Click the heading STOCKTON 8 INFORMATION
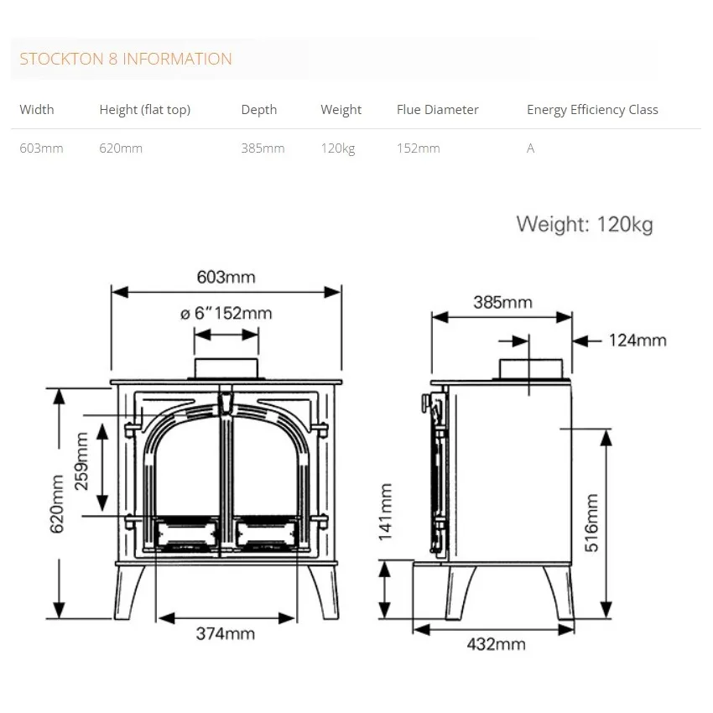[126, 60]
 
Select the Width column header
[37, 110]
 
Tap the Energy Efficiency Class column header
[592, 110]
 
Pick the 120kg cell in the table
[338, 148]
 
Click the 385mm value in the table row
[263, 148]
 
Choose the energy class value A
[530, 148]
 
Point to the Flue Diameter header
[438, 110]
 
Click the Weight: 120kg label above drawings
[585, 225]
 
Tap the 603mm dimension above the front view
[226, 277]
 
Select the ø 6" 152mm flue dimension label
[226, 314]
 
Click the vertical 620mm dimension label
[57, 504]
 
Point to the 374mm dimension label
[226, 634]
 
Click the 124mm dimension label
[638, 341]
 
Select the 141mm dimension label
[385, 511]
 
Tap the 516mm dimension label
[592, 523]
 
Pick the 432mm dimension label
[496, 644]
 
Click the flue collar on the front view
[226, 369]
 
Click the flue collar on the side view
[530, 369]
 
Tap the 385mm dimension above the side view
[502, 303]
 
